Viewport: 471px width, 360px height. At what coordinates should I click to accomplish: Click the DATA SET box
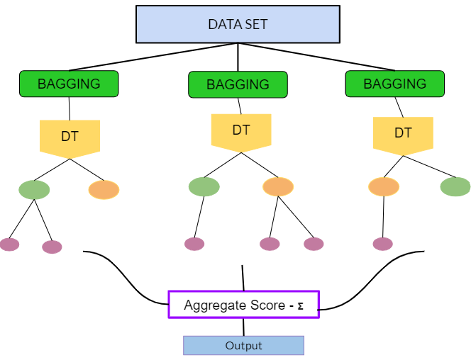(237, 24)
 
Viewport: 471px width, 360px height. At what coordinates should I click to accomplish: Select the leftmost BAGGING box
(69, 84)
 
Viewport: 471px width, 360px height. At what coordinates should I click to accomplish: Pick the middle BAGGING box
(238, 84)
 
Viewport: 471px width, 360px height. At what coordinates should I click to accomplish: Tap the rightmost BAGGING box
(394, 84)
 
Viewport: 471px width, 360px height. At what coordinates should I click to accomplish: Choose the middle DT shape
(240, 131)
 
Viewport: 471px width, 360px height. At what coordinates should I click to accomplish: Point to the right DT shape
(403, 133)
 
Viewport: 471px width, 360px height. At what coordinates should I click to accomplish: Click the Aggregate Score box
(243, 305)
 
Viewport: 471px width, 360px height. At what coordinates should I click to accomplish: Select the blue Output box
(243, 346)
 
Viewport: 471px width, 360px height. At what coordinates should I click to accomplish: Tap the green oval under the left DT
(34, 190)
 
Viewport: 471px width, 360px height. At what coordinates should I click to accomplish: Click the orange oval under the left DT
(104, 190)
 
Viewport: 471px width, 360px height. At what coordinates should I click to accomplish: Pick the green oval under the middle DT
(204, 186)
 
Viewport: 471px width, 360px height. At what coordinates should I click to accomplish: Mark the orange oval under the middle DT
(278, 186)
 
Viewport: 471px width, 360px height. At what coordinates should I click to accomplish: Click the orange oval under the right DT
(384, 186)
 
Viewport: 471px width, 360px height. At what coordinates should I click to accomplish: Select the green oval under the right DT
(455, 186)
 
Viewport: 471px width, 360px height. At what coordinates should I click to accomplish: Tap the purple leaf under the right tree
(382, 244)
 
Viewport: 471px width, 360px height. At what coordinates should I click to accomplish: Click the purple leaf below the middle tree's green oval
(194, 244)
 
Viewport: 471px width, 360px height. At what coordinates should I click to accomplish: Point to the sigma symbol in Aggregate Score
(300, 305)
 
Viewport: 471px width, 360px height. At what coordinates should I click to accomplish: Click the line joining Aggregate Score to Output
(243, 327)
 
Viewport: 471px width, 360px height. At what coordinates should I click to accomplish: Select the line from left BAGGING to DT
(70, 108)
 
